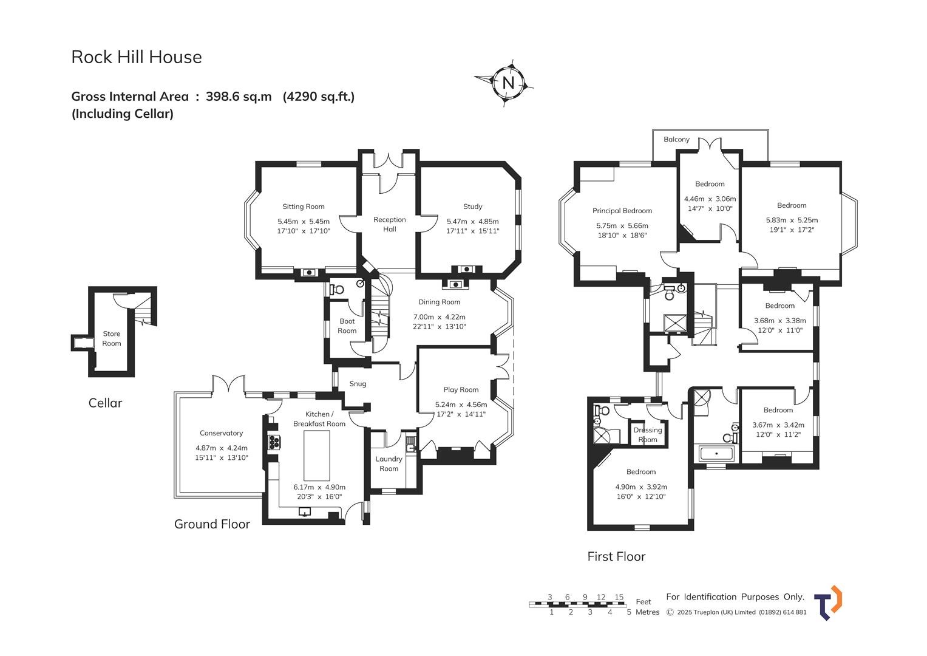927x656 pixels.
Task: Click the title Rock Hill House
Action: click(137, 57)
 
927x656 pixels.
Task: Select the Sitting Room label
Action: click(304, 207)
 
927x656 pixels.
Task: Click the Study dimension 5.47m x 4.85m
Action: click(472, 222)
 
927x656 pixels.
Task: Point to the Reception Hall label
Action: click(389, 224)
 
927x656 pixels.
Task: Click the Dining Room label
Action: click(439, 302)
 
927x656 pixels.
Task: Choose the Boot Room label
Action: click(347, 326)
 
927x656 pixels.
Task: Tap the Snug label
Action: click(358, 384)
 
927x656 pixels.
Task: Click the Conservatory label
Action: click(221, 433)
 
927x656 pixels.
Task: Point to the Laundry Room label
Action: click(389, 463)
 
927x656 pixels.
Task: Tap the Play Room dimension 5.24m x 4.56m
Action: click(461, 405)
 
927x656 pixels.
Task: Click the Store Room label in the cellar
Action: click(112, 338)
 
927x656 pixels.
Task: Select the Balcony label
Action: click(676, 140)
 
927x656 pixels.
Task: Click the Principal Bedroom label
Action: click(622, 211)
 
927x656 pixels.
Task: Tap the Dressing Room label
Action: click(648, 435)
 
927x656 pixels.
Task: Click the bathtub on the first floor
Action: click(717, 454)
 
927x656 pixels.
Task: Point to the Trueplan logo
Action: click(827, 603)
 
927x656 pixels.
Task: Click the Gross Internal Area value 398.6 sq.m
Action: click(239, 97)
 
